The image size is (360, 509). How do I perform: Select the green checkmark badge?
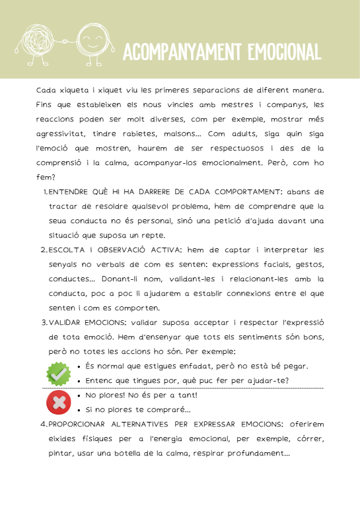point(59,374)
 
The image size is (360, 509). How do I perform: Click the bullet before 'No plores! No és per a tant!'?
point(79,395)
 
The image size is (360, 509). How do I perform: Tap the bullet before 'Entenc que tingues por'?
point(79,381)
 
